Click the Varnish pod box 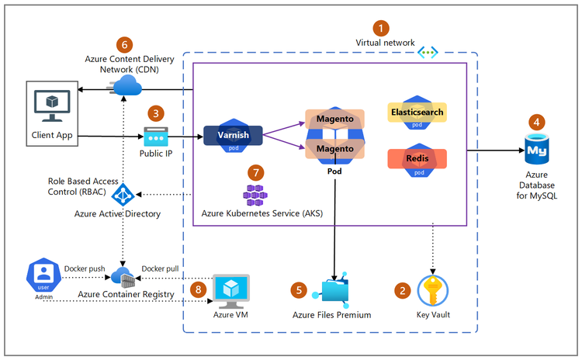click(x=233, y=135)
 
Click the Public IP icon click(x=158, y=136)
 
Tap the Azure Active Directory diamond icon click(x=123, y=194)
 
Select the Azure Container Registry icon click(x=123, y=275)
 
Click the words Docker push click(x=84, y=268)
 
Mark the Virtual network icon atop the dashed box click(x=428, y=52)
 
